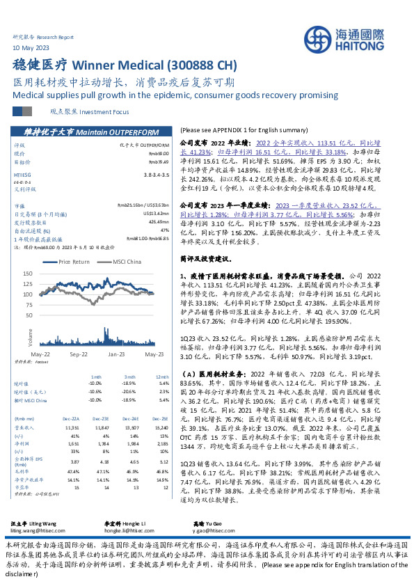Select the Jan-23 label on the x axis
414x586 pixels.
(x=115, y=354)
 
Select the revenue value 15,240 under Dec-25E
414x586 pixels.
(x=161, y=428)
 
